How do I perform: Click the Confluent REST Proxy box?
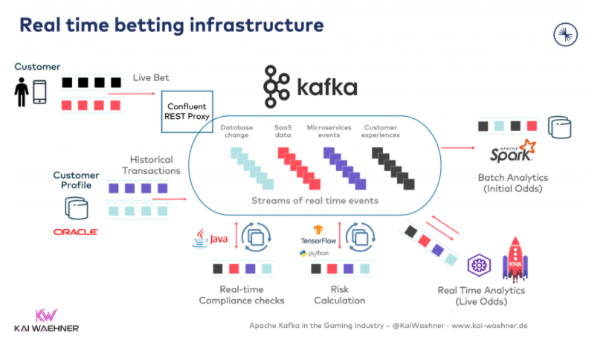click(x=187, y=111)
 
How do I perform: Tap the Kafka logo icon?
click(x=277, y=86)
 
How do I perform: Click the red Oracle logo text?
click(x=76, y=232)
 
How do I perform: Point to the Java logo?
click(x=210, y=238)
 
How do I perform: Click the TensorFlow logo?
click(x=319, y=235)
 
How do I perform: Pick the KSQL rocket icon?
click(x=515, y=258)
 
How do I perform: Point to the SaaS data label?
click(x=283, y=131)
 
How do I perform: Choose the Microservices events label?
click(x=329, y=131)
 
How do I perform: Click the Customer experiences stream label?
click(x=381, y=131)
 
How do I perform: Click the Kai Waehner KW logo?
click(x=46, y=315)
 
